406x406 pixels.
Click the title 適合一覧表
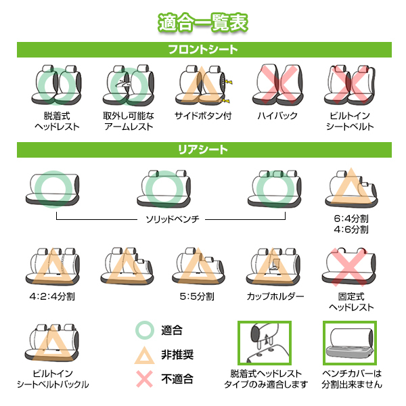coord(203,23)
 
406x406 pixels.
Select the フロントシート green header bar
coord(204,49)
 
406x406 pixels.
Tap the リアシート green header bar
coord(204,150)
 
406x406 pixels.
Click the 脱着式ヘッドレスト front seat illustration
coord(56,85)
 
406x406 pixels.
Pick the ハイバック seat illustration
coord(277,85)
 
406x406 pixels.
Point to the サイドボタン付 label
coord(203,116)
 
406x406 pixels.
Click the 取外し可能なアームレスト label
coord(129,121)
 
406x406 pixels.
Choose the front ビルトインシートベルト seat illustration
coord(350,85)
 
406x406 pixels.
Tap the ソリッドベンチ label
coord(172,219)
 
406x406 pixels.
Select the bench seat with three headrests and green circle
coord(275,189)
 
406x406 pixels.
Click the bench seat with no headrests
coord(53,189)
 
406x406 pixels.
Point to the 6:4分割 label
coord(351,219)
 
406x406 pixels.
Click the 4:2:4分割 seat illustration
coord(53,267)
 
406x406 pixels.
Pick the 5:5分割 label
coord(197,296)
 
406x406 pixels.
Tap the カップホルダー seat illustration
coord(273,267)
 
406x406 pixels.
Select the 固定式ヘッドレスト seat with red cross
coord(348,267)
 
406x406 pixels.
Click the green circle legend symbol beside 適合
coord(145,330)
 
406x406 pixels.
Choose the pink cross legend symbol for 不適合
coord(145,379)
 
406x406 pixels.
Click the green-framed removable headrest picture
coord(265,342)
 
